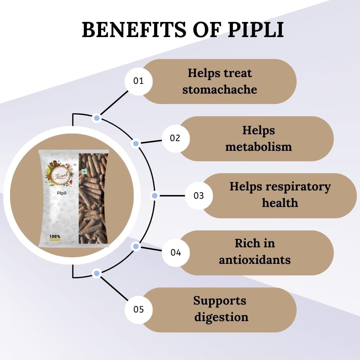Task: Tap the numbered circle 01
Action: [139, 81]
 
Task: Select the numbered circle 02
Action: [175, 138]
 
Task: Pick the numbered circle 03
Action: [199, 195]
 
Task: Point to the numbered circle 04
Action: [176, 252]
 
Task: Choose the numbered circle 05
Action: [139, 310]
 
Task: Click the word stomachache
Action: [220, 89]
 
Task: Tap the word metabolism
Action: [258, 147]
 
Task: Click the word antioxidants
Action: [255, 260]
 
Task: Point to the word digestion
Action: [221, 317]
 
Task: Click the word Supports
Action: [220, 300]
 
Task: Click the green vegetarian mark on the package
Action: [84, 172]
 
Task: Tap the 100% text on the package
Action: [55, 237]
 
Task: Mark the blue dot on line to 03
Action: [154, 195]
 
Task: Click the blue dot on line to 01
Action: [96, 118]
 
